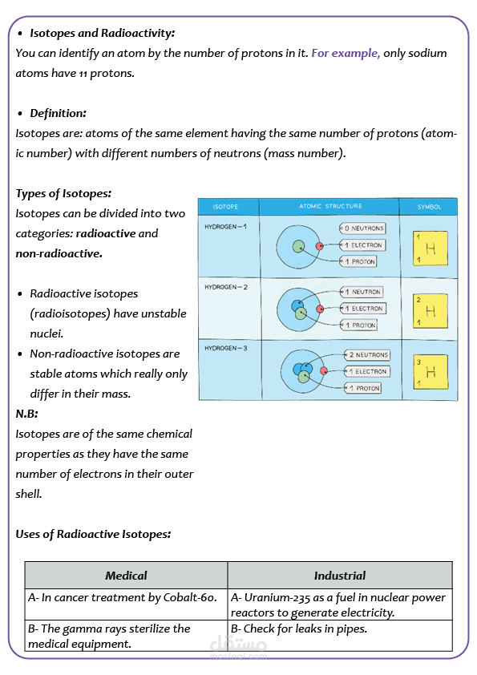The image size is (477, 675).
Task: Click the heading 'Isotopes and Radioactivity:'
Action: click(102, 33)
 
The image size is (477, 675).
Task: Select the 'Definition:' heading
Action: click(58, 113)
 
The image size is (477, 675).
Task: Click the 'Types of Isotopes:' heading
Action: click(63, 193)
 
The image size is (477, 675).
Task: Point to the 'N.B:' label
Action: click(27, 414)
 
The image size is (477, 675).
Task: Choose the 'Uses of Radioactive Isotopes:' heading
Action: click(92, 534)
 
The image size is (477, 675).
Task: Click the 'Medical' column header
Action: click(126, 576)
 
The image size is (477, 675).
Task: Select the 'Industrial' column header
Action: click(339, 576)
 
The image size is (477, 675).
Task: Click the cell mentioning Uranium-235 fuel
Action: click(339, 604)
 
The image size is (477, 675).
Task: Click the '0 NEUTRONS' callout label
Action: click(363, 228)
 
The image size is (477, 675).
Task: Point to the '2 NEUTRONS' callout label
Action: click(367, 354)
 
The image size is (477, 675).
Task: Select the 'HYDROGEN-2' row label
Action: click(226, 287)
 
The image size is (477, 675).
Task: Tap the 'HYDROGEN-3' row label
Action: click(226, 349)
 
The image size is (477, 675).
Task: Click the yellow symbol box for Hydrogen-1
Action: click(428, 249)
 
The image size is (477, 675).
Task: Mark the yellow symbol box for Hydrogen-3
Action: click(428, 373)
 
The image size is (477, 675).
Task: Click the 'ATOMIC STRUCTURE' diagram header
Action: click(330, 207)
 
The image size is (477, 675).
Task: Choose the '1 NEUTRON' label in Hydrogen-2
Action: click(362, 292)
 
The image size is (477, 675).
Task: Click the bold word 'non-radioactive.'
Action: click(59, 253)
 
